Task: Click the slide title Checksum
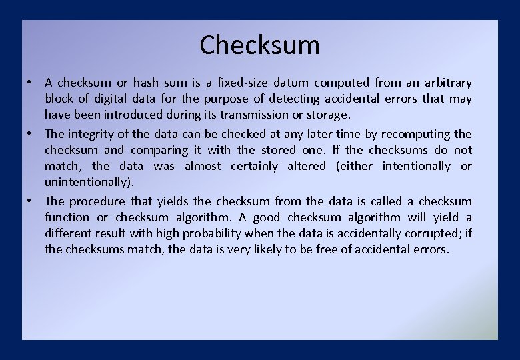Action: pyautogui.click(x=259, y=45)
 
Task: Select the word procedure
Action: pyautogui.click(x=97, y=201)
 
